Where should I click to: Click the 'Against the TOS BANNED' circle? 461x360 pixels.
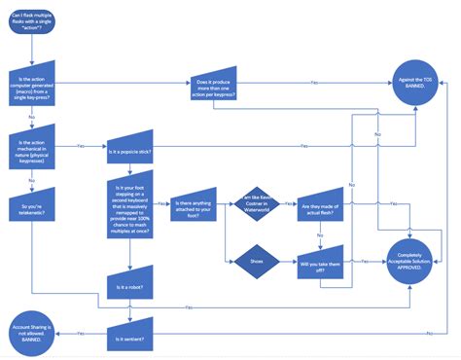click(416, 82)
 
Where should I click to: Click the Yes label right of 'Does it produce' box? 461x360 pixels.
click(313, 83)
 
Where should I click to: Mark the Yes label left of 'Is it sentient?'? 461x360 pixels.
click(82, 333)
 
